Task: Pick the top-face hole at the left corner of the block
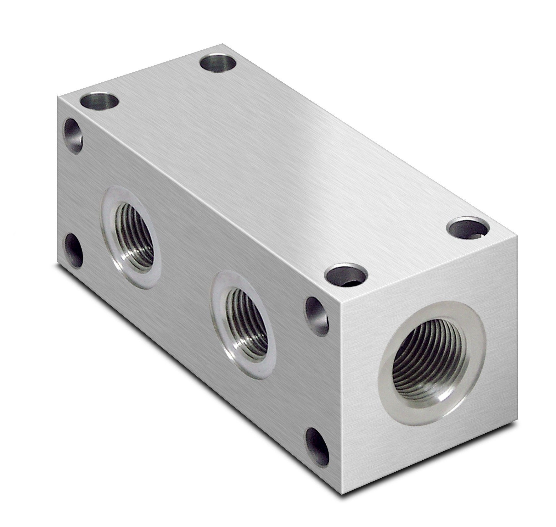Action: tap(99, 101)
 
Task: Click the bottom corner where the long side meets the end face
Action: tap(342, 494)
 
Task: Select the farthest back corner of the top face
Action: tap(223, 44)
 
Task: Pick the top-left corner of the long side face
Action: tap(58, 96)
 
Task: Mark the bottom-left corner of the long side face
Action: tap(58, 263)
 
